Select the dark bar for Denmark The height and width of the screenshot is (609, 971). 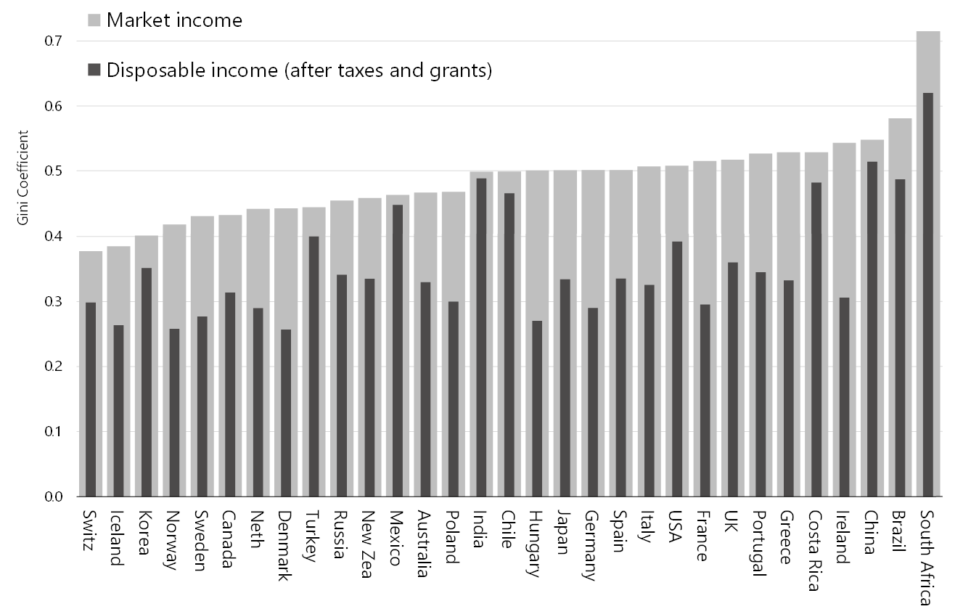coord(286,413)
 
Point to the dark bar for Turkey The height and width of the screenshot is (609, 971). coord(314,367)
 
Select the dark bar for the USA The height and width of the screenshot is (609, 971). coord(676,369)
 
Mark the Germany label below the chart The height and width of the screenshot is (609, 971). coord(591,546)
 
